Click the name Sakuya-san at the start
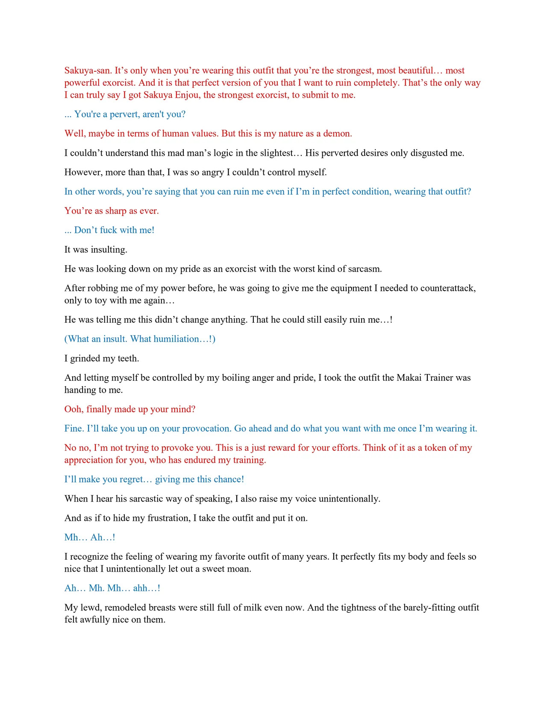pyautogui.click(x=88, y=71)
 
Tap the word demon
pyautogui.click(x=337, y=134)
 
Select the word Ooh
pyautogui.click(x=74, y=409)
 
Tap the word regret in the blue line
pyautogui.click(x=129, y=479)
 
